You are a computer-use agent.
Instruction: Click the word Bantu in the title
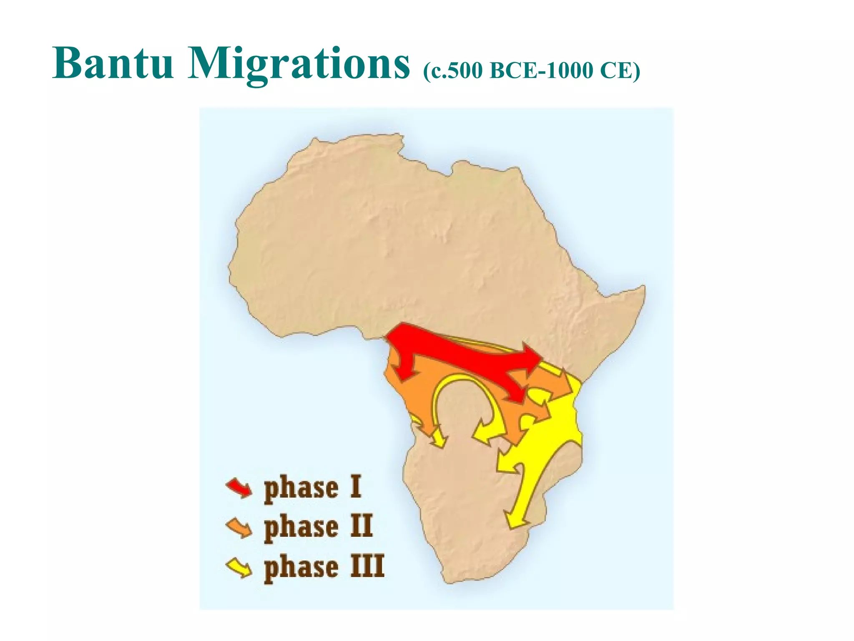pos(113,63)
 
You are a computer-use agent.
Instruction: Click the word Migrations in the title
pos(299,64)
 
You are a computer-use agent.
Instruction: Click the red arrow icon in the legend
pos(239,487)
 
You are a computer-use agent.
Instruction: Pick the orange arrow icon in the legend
pos(239,528)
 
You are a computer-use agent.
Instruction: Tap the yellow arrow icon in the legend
pos(239,568)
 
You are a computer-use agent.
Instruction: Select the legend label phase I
pos(313,487)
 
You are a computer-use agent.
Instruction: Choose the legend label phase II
pos(318,527)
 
